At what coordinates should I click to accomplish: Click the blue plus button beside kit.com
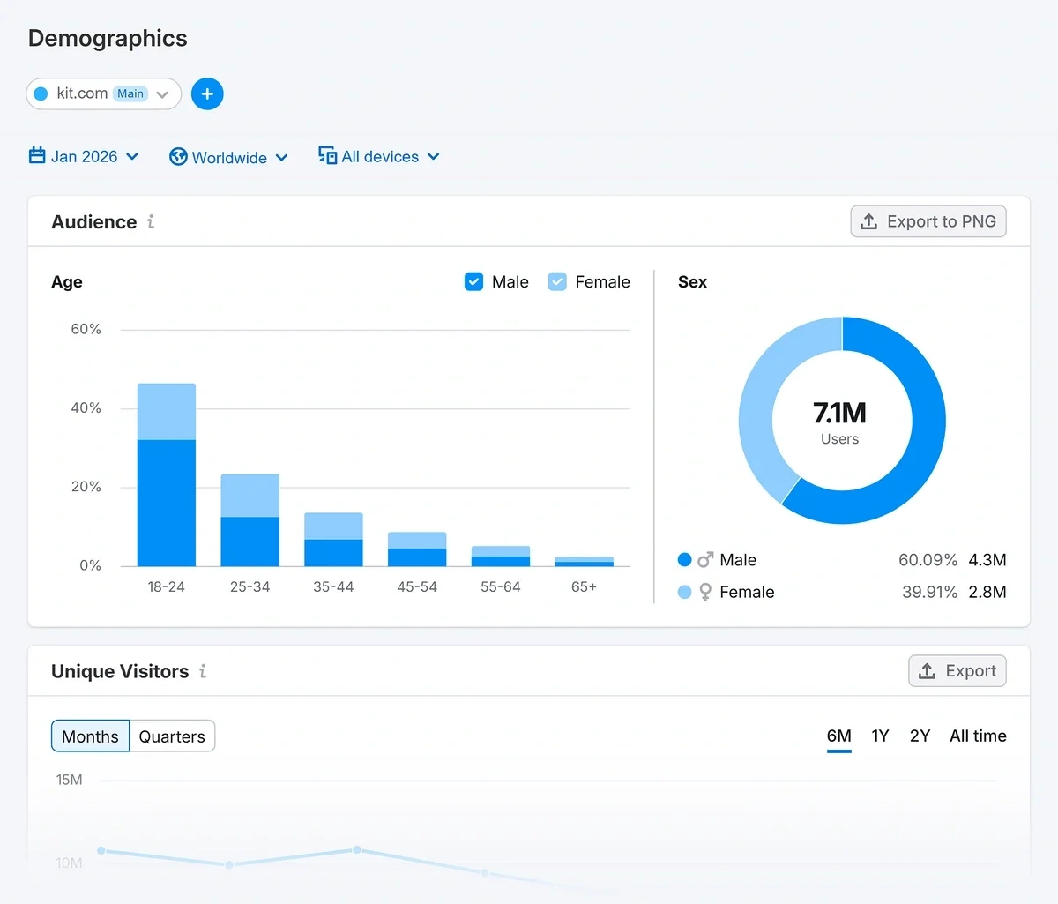[x=207, y=93]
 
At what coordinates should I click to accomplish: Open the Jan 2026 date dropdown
[x=84, y=157]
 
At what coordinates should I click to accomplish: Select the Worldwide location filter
[x=228, y=158]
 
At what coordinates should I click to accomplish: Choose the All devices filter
[x=379, y=157]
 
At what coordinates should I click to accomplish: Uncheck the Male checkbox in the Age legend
[x=474, y=282]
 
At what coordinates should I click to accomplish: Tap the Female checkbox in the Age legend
[x=557, y=282]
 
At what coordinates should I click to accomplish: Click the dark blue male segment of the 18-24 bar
[x=167, y=503]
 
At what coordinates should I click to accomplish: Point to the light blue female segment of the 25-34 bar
[x=250, y=496]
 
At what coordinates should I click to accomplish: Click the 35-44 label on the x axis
[x=333, y=587]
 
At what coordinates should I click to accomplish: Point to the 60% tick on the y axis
[x=86, y=330]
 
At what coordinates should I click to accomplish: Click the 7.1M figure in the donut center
[x=839, y=413]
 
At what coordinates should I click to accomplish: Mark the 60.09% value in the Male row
[x=928, y=560]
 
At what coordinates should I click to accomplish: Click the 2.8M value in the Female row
[x=987, y=592]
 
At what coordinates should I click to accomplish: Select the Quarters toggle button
[x=172, y=736]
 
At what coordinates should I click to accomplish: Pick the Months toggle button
[x=90, y=736]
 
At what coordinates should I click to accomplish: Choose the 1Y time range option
[x=880, y=736]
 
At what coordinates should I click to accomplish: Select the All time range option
[x=978, y=736]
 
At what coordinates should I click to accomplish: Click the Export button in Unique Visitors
[x=957, y=671]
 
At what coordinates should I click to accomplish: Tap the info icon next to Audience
[x=151, y=222]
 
